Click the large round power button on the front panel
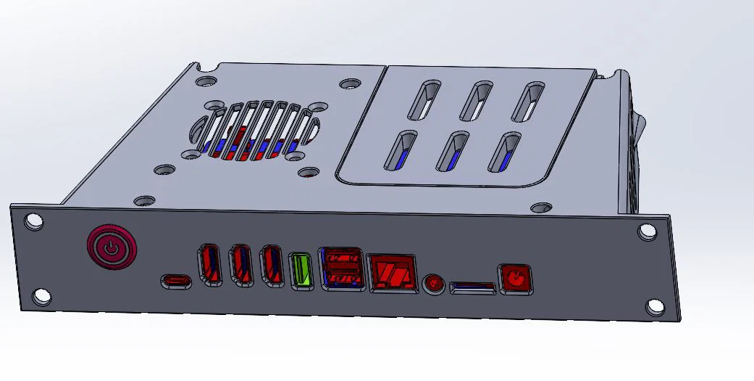tap(109, 247)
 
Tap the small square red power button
tap(515, 279)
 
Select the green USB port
tap(301, 271)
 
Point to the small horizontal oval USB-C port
tap(176, 280)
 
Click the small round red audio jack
tap(433, 282)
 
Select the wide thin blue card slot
tap(472, 289)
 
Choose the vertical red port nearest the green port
tap(272, 266)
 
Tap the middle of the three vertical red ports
tap(240, 266)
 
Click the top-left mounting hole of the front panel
tap(33, 220)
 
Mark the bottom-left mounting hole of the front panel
tap(41, 296)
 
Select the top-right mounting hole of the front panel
tap(645, 232)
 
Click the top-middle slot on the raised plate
tap(477, 99)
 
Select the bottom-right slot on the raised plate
tap(504, 151)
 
